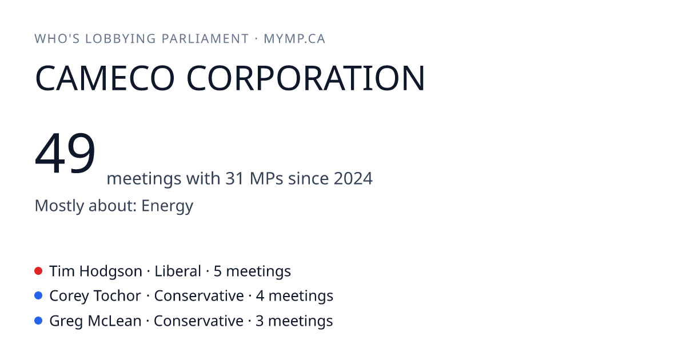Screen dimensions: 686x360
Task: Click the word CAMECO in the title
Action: (105, 78)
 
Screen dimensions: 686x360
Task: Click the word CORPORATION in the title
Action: (306, 78)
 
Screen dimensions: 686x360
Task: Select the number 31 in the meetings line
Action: (234, 178)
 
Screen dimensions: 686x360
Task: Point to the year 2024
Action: (353, 178)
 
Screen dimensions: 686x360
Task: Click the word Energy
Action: (167, 206)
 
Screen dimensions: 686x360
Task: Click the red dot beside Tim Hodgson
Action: (38, 271)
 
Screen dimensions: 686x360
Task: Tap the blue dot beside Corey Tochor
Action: (38, 296)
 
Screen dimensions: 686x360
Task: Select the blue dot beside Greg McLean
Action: (38, 321)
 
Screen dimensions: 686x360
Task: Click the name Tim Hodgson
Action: (95, 271)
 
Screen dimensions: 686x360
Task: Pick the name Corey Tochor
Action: (95, 296)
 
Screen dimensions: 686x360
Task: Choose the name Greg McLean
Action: (95, 321)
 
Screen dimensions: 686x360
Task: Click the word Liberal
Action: (178, 271)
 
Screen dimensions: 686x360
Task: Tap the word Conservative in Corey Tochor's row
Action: (199, 296)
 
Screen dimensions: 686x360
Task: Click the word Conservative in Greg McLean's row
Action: (198, 321)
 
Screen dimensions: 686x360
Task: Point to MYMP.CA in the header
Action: (294, 39)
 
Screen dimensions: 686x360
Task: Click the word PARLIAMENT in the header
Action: (205, 39)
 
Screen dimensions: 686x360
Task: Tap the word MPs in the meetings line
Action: (266, 178)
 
